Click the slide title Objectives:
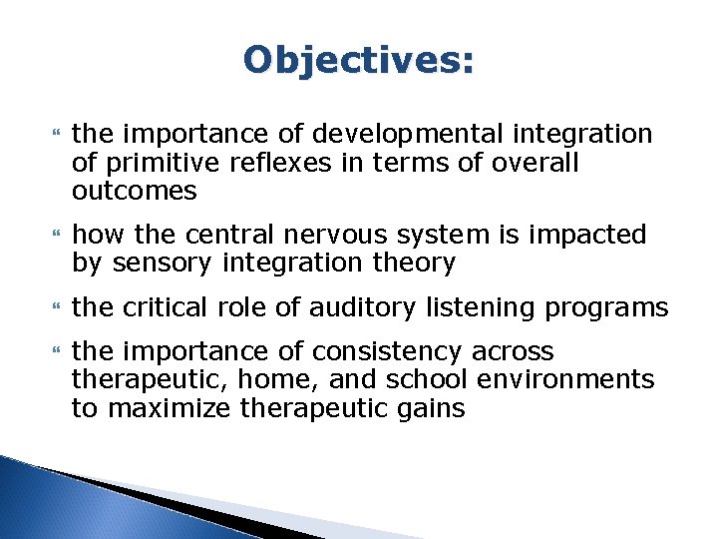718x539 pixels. (359, 60)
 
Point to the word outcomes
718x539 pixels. (135, 191)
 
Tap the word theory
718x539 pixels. (413, 264)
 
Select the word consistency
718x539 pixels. (461, 351)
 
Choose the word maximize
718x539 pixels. (163, 409)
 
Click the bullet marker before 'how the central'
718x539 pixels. (56, 236)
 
